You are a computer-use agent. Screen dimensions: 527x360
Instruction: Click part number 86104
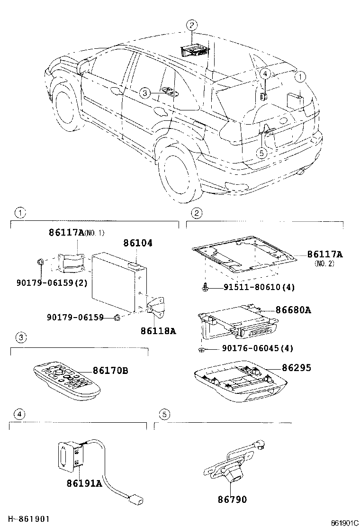pos(138,243)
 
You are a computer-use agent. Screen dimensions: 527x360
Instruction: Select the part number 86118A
pos(158,330)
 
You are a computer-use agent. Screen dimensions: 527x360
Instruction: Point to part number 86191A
pos(84,483)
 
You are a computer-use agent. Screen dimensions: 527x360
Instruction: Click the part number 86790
pos(232,500)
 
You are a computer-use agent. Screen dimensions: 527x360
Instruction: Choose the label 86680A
pos(293,310)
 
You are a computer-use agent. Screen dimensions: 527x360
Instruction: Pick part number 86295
pos(297,367)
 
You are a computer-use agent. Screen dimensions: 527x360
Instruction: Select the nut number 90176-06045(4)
pos(257,348)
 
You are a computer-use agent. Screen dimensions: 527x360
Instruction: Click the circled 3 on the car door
pos(144,93)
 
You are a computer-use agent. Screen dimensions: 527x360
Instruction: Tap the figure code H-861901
pos(28,520)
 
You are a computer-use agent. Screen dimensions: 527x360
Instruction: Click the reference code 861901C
pos(344,523)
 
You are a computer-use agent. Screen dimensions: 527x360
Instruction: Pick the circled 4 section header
pos(18,414)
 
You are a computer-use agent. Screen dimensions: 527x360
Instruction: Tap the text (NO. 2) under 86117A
pos(324,263)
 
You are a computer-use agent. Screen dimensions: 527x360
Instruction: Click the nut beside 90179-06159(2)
pos(40,262)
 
